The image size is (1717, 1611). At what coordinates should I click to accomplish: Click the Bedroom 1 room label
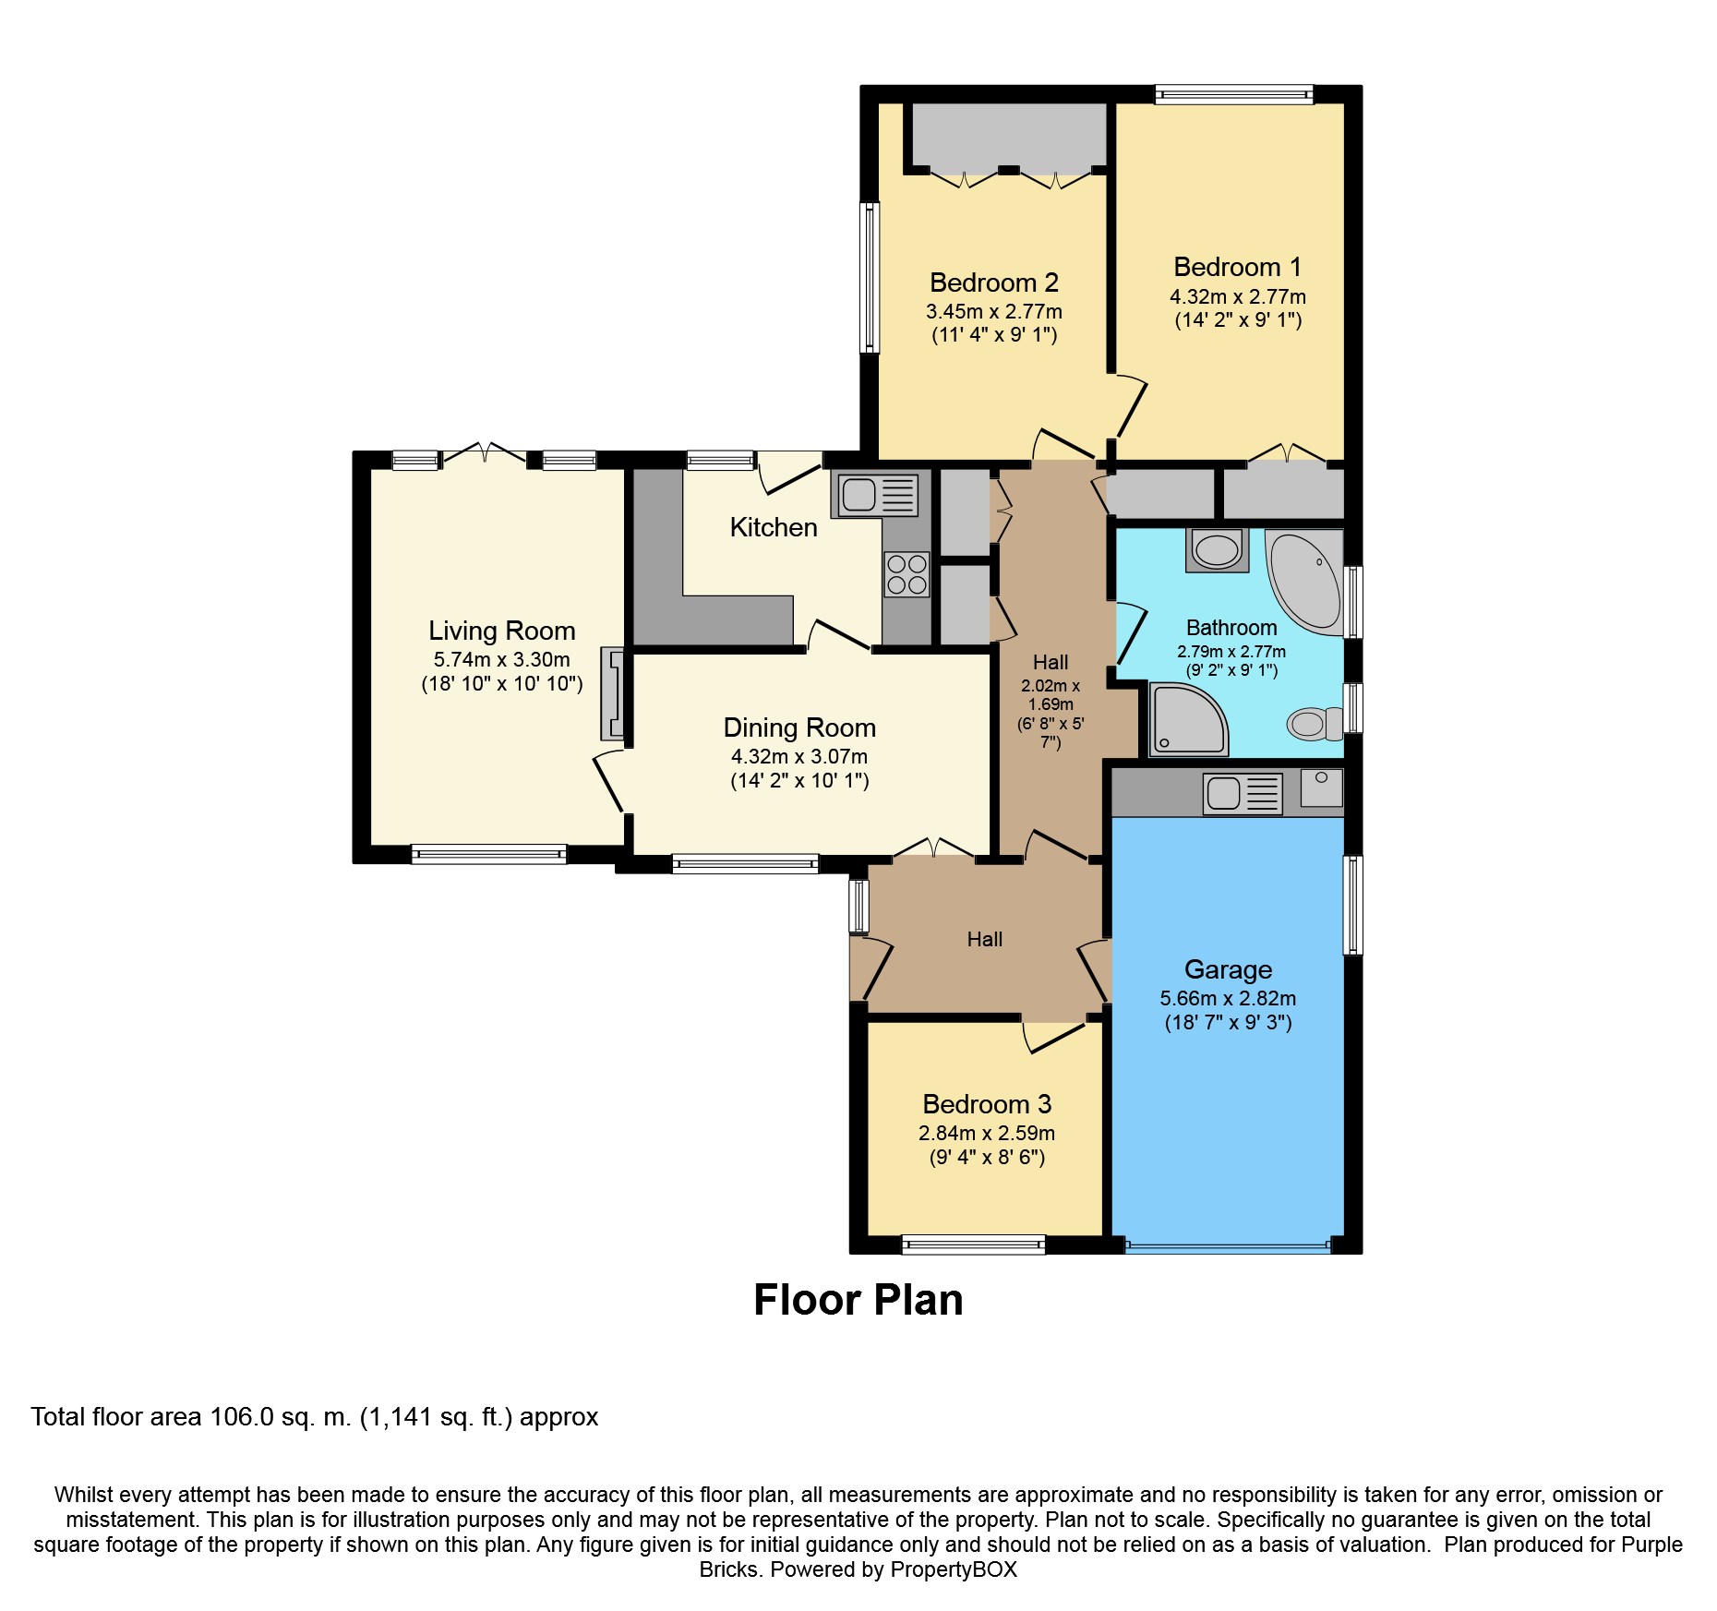1237,268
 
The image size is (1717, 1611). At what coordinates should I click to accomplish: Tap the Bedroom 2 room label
994,283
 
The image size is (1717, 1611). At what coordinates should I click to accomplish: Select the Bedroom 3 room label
987,1104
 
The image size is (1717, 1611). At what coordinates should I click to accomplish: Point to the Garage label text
1228,969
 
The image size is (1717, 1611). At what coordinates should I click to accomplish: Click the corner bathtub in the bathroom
1303,582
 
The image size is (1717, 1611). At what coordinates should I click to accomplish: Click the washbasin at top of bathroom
1217,550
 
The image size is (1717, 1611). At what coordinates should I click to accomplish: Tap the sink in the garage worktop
1243,794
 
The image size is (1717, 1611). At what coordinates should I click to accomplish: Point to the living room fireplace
613,693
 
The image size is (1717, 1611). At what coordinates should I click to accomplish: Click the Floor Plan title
858,1300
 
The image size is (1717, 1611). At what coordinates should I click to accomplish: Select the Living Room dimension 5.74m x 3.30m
501,660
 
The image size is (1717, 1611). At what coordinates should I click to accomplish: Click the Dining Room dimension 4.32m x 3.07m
799,757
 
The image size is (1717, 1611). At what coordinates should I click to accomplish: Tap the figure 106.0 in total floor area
242,1417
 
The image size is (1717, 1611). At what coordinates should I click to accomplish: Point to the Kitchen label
774,527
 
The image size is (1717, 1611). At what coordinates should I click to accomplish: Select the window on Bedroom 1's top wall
1234,93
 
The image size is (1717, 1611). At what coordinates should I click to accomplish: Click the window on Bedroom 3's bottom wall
974,1244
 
